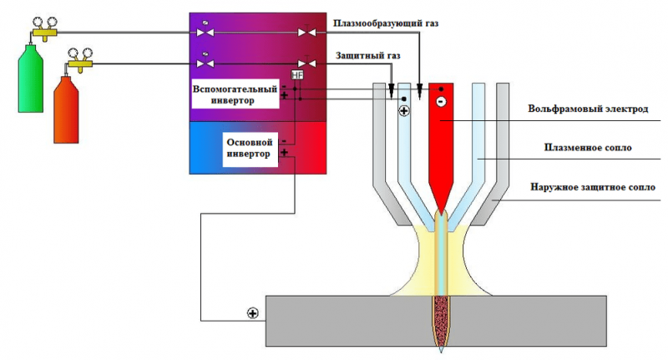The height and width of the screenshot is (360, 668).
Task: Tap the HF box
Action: (x=297, y=75)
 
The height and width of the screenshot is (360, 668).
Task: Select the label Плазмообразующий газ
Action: (x=386, y=23)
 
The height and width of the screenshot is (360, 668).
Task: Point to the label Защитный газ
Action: (x=368, y=55)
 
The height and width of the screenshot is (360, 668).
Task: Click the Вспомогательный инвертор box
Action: (x=235, y=94)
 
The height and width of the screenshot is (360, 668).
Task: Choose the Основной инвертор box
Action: (x=250, y=149)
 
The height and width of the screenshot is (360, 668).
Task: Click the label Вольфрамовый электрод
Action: (x=588, y=109)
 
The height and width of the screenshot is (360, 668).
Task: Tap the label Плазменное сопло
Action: (x=588, y=147)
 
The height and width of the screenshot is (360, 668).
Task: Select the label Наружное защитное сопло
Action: (x=593, y=187)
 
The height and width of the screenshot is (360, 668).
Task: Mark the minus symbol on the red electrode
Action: (x=442, y=102)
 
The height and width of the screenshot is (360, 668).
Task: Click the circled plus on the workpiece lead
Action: (x=253, y=313)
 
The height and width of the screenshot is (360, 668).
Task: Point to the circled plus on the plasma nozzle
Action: (x=404, y=111)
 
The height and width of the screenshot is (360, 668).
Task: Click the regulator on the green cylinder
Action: (x=45, y=29)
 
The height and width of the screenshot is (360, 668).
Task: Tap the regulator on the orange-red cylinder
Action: (x=80, y=60)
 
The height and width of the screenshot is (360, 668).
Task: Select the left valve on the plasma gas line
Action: (x=205, y=32)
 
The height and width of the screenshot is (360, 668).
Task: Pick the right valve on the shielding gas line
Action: (x=306, y=63)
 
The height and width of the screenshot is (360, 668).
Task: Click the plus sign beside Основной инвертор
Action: (x=284, y=153)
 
